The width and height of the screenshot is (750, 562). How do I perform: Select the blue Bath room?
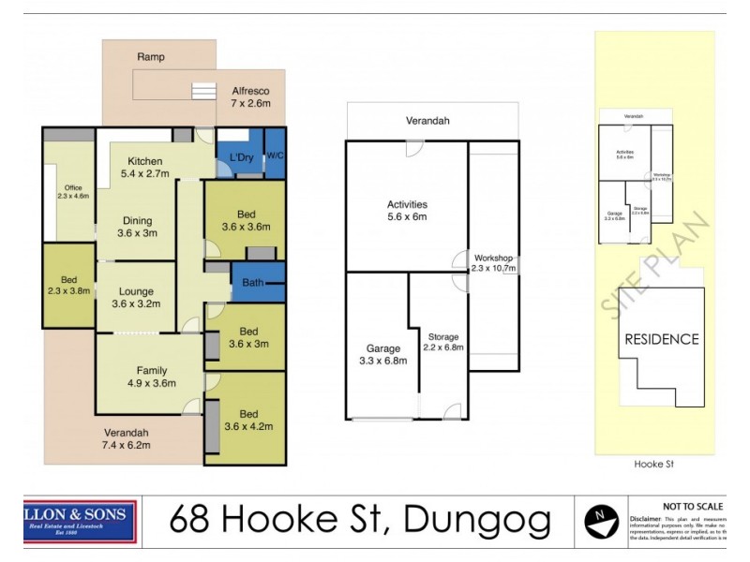point(252,282)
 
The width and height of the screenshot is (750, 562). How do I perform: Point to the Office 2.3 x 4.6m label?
point(72,192)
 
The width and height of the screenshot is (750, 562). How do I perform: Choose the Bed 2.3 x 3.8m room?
point(68,286)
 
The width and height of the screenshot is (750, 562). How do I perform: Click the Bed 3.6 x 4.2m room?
point(247,419)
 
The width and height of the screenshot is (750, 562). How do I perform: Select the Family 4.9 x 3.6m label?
point(151,376)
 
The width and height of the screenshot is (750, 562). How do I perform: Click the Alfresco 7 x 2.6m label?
point(250,96)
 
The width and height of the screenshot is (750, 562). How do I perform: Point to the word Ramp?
point(151,57)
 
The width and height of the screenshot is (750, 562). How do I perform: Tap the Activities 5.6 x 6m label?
point(407,211)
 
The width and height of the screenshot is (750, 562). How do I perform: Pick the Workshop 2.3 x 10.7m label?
point(493,263)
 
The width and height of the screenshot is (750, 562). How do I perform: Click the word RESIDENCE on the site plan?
point(661,339)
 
